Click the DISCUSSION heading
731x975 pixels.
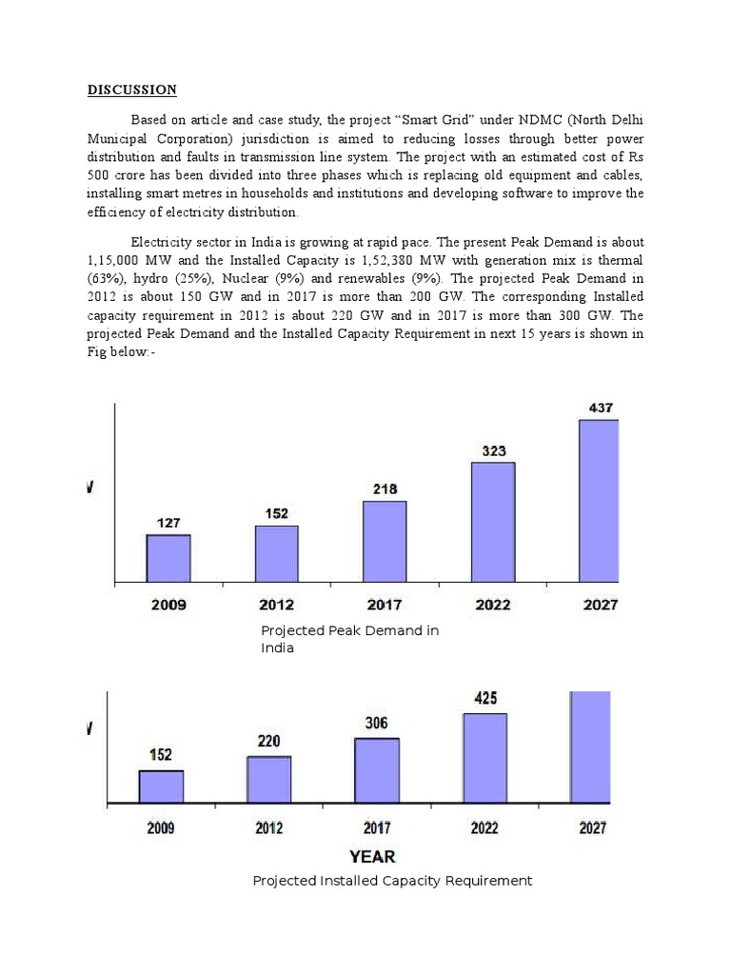click(132, 90)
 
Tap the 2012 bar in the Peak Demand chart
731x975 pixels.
click(277, 553)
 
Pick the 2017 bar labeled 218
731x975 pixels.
click(385, 541)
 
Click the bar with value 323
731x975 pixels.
click(493, 522)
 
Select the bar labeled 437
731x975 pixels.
click(600, 501)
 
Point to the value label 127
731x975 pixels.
click(168, 523)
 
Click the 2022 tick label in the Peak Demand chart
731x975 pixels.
click(493, 605)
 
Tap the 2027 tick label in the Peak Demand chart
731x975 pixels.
click(600, 605)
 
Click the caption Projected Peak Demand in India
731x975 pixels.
click(349, 639)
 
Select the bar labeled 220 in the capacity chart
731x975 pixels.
click(269, 780)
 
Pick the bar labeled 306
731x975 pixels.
click(377, 770)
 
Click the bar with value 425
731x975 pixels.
click(485, 758)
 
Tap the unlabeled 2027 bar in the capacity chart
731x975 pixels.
click(590, 747)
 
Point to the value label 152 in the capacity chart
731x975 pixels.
click(160, 754)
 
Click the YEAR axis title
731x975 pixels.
click(372, 856)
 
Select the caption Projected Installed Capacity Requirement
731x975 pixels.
click(392, 881)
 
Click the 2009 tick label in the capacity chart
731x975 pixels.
click(161, 828)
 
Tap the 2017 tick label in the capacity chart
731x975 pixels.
click(377, 828)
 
